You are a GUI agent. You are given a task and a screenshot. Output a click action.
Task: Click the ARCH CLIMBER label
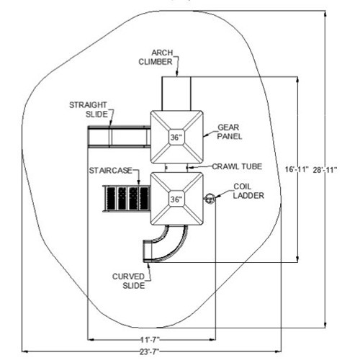click(x=156, y=58)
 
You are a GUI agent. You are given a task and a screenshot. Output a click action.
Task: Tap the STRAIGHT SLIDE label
click(x=89, y=109)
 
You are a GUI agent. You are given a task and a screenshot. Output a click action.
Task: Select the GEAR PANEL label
click(x=229, y=132)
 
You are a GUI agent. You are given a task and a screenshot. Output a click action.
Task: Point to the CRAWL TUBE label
click(x=237, y=166)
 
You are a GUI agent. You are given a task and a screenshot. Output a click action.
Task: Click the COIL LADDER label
click(x=248, y=191)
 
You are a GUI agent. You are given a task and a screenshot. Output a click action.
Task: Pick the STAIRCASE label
click(x=110, y=171)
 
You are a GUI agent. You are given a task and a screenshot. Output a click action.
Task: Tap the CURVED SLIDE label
click(x=129, y=281)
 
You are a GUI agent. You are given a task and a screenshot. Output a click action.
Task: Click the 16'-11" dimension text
click(x=297, y=170)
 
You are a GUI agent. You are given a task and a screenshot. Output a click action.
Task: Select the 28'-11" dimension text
click(x=325, y=170)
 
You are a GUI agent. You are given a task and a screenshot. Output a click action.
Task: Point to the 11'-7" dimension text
click(x=150, y=339)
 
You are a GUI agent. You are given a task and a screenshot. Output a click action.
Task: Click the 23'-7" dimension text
click(x=150, y=352)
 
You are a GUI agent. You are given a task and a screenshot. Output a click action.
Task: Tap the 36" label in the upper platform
click(x=176, y=138)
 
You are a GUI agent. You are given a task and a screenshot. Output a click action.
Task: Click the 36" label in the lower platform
click(x=176, y=199)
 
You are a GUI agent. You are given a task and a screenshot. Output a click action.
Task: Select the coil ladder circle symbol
click(x=210, y=198)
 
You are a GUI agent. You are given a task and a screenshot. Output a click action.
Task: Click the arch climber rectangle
click(x=176, y=94)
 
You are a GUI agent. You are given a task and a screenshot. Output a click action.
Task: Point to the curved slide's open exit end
click(x=147, y=251)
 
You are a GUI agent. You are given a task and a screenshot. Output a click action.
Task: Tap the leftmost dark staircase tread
click(x=111, y=198)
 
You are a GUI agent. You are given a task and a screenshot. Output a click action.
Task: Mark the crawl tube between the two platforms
click(x=176, y=168)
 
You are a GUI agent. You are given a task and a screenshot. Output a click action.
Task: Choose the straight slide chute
click(x=120, y=137)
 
